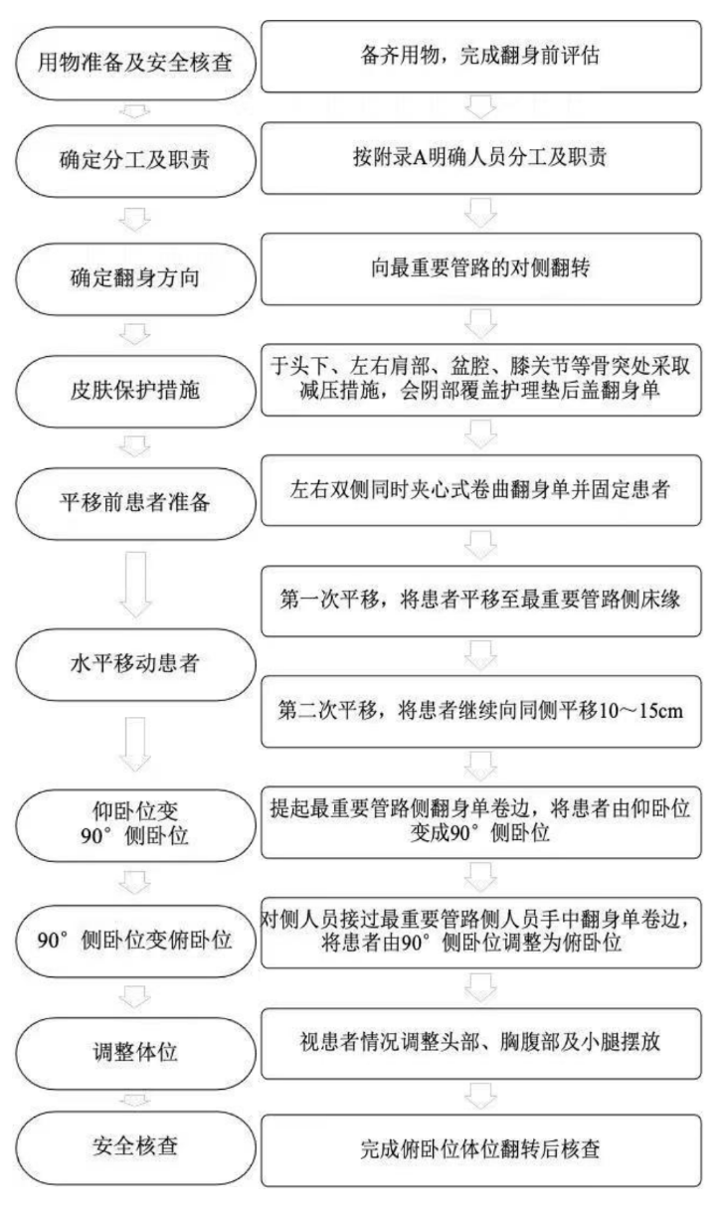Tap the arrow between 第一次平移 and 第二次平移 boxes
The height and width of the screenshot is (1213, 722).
click(x=480, y=656)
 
